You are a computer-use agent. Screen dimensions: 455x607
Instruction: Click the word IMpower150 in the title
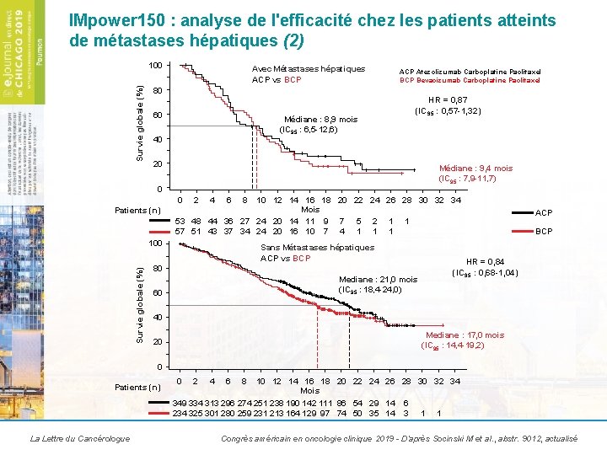pos(114,21)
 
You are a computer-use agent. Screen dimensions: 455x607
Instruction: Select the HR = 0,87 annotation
pos(449,99)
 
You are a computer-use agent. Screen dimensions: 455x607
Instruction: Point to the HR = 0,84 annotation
pos(486,261)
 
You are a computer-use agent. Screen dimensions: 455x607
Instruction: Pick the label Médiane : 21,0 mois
pos(378,280)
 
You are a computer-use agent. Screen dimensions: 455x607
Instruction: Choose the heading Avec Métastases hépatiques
pos(309,68)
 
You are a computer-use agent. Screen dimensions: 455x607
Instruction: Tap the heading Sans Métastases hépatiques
pos(317,248)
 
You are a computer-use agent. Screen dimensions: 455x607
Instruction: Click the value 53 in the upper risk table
pos(180,221)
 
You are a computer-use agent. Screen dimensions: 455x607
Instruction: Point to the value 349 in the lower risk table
pos(180,404)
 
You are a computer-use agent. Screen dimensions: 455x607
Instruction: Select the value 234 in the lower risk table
pos(180,414)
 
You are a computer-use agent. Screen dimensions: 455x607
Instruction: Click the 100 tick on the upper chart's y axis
pos(155,66)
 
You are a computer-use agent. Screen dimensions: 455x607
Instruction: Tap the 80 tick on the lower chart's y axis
pos(157,269)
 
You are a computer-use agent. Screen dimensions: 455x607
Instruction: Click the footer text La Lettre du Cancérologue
pos(79,439)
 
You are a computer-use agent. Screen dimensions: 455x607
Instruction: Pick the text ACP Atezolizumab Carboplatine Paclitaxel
pos(470,72)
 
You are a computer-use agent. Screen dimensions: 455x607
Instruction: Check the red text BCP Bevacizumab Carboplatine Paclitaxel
pos(470,81)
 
